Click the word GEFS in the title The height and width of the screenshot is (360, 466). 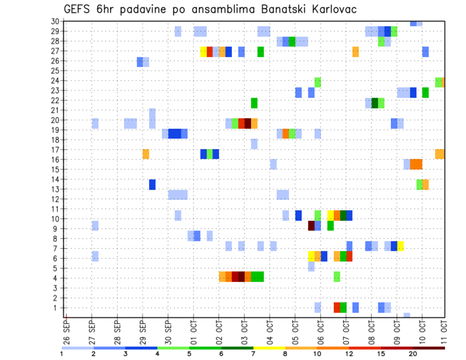[x=77, y=9]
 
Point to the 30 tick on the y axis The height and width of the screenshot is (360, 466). [x=55, y=21]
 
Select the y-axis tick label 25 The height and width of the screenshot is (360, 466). [x=55, y=70]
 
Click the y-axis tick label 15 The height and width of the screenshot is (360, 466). [x=55, y=169]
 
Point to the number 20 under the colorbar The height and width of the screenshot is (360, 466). [x=413, y=353]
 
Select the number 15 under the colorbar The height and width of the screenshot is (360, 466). [x=382, y=353]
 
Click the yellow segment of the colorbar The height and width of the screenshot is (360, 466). [x=269, y=348]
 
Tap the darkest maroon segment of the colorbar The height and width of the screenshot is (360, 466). [x=429, y=348]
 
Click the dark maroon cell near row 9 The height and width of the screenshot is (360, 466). [x=311, y=226]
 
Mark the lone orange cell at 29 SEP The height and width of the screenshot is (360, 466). [x=146, y=154]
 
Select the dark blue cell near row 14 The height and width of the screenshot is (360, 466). [x=152, y=184]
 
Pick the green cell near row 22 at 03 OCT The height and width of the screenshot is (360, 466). [x=254, y=103]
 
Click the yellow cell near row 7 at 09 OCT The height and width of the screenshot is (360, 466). [x=400, y=246]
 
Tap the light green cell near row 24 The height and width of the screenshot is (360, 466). [x=317, y=82]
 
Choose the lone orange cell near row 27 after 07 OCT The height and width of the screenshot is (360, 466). [x=355, y=52]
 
